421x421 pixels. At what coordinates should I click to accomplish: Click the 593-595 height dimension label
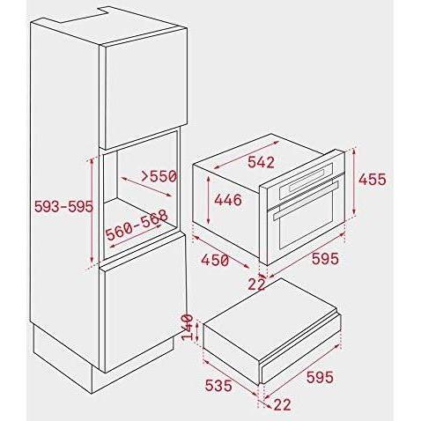pos(63,206)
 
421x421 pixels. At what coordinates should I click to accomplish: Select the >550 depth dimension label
pos(159,176)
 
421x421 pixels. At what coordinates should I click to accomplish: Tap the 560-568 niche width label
pos(137,225)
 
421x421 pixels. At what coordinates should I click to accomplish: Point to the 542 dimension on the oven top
pos(261,162)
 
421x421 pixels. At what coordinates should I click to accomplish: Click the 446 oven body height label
pos(228,200)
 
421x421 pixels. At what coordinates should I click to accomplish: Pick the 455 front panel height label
pos(373,179)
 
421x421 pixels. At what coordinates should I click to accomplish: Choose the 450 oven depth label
pos(215,260)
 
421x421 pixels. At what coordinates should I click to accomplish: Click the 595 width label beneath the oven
pos(325,259)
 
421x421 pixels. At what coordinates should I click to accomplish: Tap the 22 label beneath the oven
pos(256,284)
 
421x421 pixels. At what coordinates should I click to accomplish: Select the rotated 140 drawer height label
pos(188,328)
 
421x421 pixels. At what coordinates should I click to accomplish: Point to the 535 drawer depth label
pos(218,386)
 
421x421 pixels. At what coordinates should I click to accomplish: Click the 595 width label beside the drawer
pos(320,377)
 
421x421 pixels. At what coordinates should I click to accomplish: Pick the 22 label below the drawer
pos(282,404)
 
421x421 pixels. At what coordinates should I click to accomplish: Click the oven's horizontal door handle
pos(306,200)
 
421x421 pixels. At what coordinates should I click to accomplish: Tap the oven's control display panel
pos(307,181)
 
